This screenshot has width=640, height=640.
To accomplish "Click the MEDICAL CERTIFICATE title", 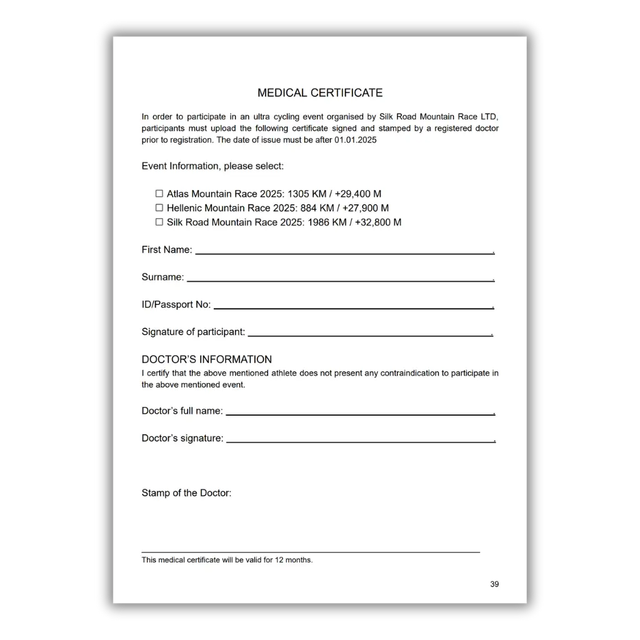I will [x=320, y=93].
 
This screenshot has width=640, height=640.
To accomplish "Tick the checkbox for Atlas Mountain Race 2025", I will [x=159, y=194].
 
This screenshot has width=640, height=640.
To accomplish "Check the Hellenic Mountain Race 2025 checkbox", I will [x=159, y=207].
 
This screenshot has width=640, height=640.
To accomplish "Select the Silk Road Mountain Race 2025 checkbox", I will [x=159, y=222].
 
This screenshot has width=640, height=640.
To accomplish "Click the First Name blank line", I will [x=344, y=252].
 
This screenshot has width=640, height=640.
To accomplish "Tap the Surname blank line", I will [x=340, y=280].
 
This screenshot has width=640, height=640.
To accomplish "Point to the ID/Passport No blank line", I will [x=353, y=307].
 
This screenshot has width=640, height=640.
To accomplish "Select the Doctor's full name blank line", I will [x=360, y=414].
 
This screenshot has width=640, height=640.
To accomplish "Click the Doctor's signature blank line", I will [x=360, y=441].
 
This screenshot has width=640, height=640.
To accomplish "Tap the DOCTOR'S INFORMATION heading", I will [x=207, y=359].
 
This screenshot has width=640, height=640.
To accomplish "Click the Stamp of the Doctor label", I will [x=186, y=493].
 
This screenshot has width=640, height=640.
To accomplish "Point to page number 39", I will [x=494, y=584].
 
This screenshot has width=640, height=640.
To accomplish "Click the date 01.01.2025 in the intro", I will [x=356, y=140].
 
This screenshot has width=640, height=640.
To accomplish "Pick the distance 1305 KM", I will [x=306, y=194].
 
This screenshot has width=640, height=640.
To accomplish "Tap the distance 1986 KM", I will [x=329, y=222].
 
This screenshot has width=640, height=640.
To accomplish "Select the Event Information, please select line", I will [x=212, y=166].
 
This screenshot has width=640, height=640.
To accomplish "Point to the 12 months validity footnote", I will [x=227, y=560].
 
